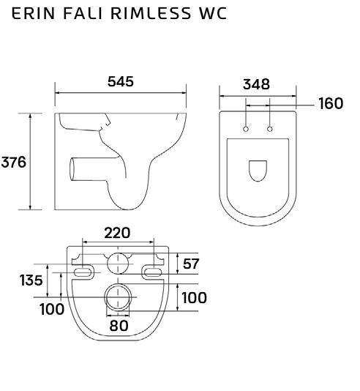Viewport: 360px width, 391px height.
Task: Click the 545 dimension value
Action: [121, 81]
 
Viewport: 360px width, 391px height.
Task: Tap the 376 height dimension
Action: [14, 162]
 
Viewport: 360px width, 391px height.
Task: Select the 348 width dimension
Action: [256, 84]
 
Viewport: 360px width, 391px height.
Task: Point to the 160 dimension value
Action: [331, 103]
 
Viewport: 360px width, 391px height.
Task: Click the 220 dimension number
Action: [117, 233]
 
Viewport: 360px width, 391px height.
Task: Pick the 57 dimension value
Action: [191, 264]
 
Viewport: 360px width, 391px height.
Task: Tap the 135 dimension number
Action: [31, 280]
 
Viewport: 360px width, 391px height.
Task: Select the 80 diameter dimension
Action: [119, 326]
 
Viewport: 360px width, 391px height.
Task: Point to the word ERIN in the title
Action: [33, 13]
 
